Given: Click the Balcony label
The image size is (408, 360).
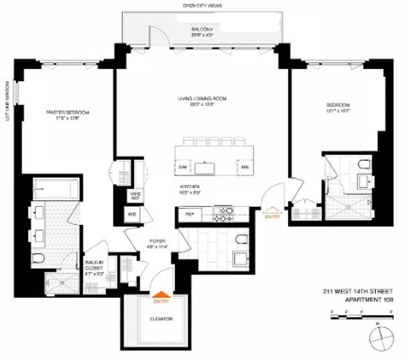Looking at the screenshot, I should [198, 31].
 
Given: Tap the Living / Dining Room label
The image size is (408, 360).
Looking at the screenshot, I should [201, 101].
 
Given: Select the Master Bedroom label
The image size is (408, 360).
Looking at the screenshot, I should [68, 115].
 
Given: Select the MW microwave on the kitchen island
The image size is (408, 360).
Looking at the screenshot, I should [245, 167].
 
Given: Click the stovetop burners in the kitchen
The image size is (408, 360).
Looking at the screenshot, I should [223, 214].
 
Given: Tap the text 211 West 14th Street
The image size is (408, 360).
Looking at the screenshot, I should [358, 291].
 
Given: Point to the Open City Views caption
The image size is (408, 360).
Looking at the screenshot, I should [202, 6].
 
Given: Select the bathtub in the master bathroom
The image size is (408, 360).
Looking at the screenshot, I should [56, 188].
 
